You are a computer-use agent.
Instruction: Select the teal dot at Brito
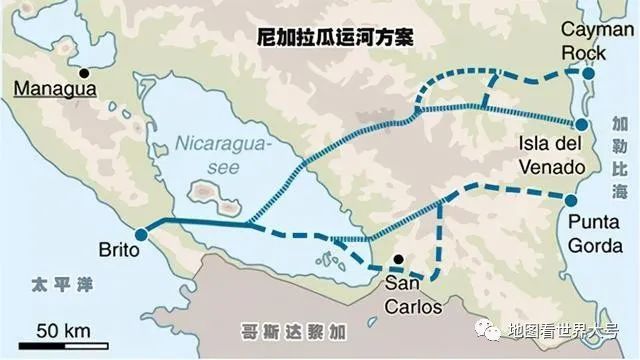pyautogui.click(x=140, y=233)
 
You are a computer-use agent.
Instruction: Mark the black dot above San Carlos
pyautogui.click(x=398, y=261)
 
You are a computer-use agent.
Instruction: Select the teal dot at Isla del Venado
pyautogui.click(x=581, y=123)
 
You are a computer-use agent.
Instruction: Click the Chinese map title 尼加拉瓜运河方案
pyautogui.click(x=348, y=36)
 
